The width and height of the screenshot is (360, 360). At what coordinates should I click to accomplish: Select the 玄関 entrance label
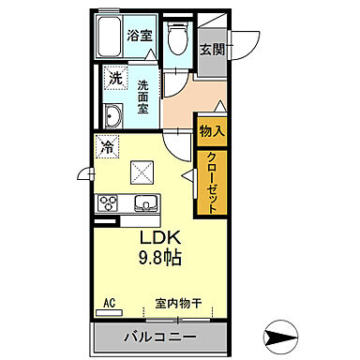210,49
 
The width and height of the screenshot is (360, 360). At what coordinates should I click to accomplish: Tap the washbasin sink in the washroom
114,117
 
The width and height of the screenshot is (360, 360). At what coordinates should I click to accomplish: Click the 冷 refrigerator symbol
107,147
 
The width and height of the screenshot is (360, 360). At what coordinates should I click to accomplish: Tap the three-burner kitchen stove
107,202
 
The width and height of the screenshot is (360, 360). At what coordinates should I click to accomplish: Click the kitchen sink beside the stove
145,203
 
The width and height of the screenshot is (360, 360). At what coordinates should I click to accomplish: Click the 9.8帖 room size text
160,256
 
